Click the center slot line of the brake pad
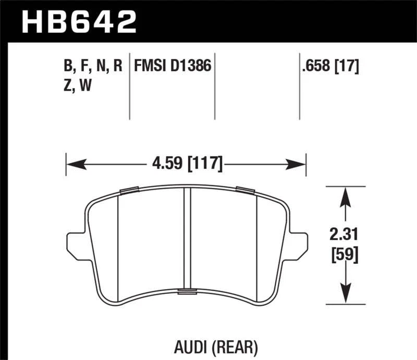click(x=187, y=240)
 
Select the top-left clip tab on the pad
click(x=128, y=190)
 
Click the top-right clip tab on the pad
click(x=244, y=189)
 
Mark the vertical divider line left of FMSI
click(x=129, y=86)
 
